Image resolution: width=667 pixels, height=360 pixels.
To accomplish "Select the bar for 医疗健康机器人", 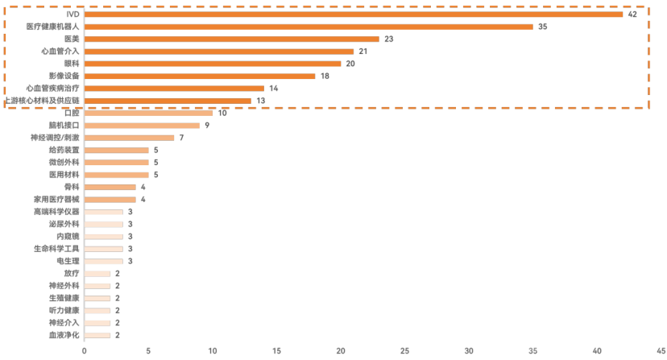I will [309, 27].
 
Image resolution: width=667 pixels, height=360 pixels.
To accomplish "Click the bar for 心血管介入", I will [219, 51].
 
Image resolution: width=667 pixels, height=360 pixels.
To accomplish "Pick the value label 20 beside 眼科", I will [350, 64].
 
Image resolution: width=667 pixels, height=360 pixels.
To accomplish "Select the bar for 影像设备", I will [200, 76].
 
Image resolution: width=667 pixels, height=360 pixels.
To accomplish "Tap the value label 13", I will [259, 101].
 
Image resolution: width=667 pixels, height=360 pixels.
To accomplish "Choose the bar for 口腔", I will [148, 113].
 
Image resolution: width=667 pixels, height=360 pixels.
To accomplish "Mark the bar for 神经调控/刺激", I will [129, 138].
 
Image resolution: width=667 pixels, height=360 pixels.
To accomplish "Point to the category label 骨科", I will [72, 187].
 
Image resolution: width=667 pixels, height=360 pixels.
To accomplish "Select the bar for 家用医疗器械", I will [110, 199].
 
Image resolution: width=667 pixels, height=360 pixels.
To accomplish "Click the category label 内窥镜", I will [68, 236].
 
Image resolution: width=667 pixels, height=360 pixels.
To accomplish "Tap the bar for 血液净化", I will [97, 335].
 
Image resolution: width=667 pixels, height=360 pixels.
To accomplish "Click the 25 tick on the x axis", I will [404, 350].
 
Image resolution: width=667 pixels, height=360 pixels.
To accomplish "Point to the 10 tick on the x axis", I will [212, 350].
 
